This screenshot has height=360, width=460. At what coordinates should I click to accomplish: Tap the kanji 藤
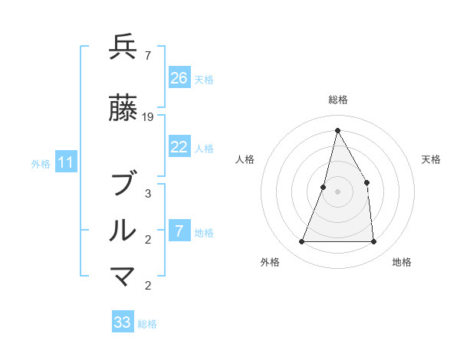(x=123, y=110)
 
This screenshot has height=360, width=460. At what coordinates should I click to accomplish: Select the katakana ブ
(x=123, y=185)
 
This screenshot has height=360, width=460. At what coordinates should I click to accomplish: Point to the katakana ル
(x=123, y=231)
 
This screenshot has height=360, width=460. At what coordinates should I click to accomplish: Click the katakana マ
(x=123, y=277)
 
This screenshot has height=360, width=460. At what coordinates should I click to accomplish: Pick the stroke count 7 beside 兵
(x=147, y=55)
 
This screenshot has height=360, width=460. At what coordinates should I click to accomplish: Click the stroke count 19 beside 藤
(x=149, y=117)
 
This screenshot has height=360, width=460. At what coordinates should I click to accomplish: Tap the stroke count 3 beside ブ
(x=148, y=193)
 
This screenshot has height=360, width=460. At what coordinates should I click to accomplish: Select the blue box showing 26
(x=179, y=78)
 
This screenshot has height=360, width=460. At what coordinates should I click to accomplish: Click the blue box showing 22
(x=179, y=148)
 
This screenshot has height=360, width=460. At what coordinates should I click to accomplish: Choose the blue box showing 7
(x=179, y=231)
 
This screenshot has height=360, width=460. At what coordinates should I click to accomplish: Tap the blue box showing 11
(x=66, y=162)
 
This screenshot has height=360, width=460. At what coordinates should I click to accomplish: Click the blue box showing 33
(x=123, y=322)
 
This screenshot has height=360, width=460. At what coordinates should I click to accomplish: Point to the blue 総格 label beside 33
(x=147, y=324)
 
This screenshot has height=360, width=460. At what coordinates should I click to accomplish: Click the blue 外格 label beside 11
(x=41, y=163)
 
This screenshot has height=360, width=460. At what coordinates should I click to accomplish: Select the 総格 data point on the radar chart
(x=337, y=130)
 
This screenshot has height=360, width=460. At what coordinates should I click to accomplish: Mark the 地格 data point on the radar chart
(x=373, y=241)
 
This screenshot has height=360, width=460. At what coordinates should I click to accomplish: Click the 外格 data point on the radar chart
(x=301, y=241)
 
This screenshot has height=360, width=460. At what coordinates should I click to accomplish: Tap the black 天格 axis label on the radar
(x=432, y=159)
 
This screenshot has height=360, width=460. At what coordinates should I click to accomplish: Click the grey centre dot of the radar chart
(x=337, y=191)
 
